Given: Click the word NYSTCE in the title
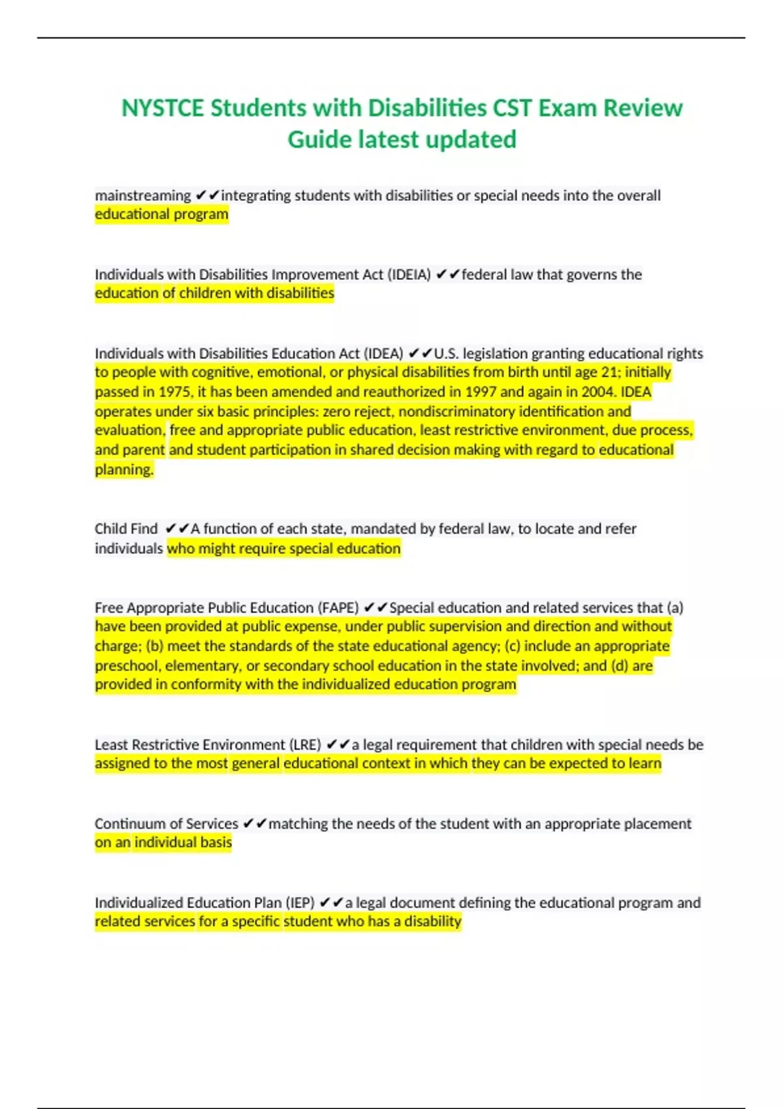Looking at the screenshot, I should click(x=162, y=108).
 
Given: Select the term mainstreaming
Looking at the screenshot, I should click(x=143, y=196).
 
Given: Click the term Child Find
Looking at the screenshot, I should click(x=126, y=529).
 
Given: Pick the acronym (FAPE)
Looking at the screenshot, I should click(x=338, y=608).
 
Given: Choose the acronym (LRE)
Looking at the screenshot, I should click(x=302, y=745).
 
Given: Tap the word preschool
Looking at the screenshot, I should click(x=127, y=666).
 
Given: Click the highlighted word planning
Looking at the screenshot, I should click(x=124, y=470).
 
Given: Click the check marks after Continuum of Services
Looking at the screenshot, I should click(x=254, y=824).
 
